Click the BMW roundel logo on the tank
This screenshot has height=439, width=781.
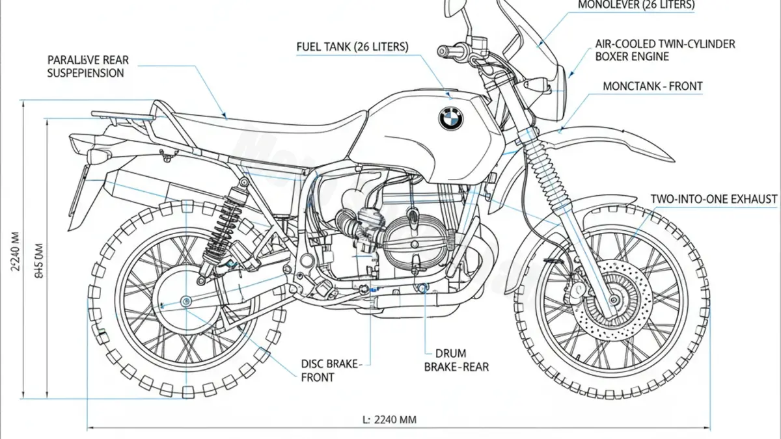pos(450,118)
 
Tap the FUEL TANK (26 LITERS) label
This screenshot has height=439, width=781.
pos(352,47)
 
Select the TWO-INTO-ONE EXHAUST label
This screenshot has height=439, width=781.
pos(714,199)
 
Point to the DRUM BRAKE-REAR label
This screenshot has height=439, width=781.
pos(456,360)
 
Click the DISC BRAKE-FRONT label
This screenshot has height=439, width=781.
pos(330,371)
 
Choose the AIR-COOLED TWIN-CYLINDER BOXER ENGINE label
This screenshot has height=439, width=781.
pos(665,50)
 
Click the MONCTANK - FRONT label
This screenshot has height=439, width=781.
pos(653,86)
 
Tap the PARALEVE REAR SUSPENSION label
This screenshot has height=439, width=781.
pos(88,66)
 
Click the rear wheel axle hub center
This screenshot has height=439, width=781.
pos(187,300)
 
